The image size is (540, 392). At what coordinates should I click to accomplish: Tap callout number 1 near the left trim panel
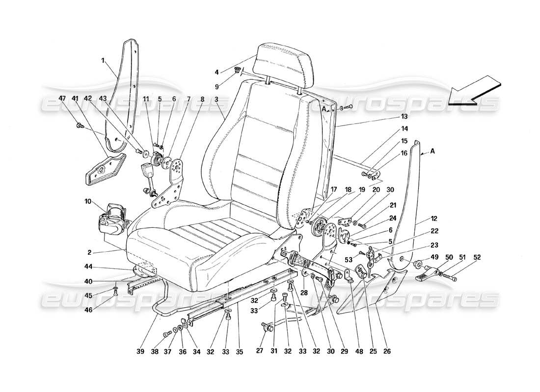tap(103, 61)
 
